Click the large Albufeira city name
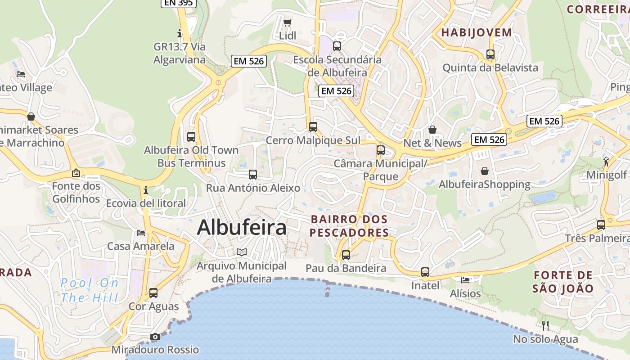click(x=242, y=227)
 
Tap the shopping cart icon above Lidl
click(x=288, y=22)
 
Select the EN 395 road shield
click(x=178, y=3)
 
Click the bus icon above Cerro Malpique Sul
click(x=313, y=127)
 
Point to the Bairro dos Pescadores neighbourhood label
click(x=349, y=226)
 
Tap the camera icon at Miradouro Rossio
click(x=155, y=337)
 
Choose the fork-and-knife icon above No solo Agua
click(x=545, y=325)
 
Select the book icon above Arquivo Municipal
click(x=242, y=252)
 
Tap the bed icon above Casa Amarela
click(x=141, y=233)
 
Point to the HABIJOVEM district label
click(x=477, y=32)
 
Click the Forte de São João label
click(x=563, y=282)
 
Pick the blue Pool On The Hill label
click(x=90, y=290)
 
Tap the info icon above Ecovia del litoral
click(x=145, y=190)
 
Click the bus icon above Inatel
click(x=425, y=272)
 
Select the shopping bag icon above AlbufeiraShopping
click(x=485, y=171)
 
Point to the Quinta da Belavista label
click(x=490, y=67)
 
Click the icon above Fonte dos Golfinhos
click(x=76, y=173)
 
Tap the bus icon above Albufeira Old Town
click(x=191, y=136)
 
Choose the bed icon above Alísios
click(x=465, y=280)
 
